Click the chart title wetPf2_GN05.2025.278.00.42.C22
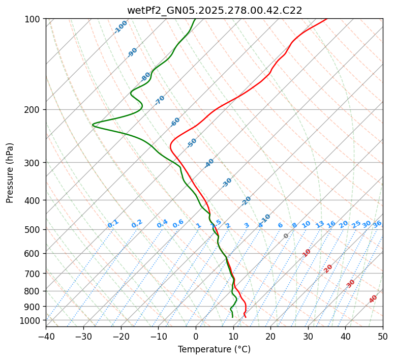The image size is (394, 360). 215,10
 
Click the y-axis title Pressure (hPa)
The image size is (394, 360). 10,173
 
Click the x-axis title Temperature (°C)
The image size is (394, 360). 215,350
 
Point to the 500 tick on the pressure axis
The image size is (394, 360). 34,230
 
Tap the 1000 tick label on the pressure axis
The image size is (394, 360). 32,320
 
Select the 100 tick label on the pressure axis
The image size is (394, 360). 34,19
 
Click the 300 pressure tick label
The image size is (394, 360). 34,163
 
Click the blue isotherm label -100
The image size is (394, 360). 120,27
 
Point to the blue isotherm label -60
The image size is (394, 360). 175,122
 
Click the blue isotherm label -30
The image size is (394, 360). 227,183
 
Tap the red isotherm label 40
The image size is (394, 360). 373,299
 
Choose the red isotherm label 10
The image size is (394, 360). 307,253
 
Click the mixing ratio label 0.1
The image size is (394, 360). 113,224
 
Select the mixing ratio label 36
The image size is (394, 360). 377,224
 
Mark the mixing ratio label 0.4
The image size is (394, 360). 162,224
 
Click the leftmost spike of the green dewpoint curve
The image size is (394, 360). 93,125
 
